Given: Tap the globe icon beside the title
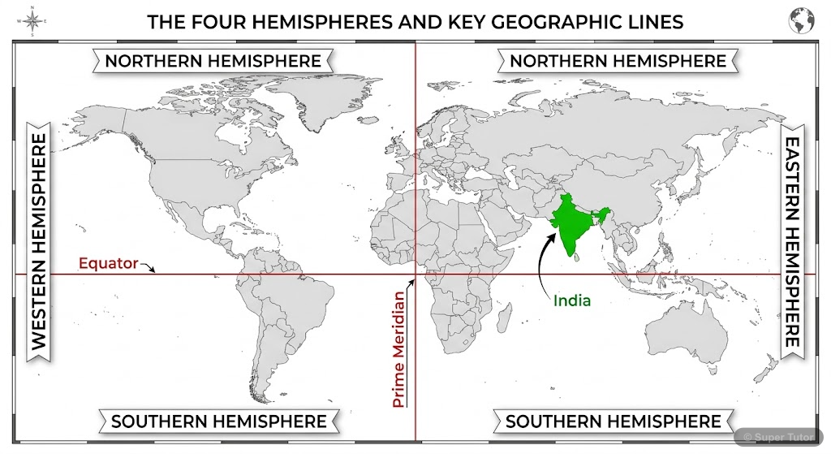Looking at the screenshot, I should coord(801,21).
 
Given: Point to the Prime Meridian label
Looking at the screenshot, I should coord(398,348).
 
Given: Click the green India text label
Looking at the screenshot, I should coord(572,300).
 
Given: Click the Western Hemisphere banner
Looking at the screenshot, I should coord(39,242).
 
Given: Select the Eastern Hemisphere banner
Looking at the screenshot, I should coord(792,241).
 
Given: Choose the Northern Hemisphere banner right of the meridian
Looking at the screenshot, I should coord(618,61).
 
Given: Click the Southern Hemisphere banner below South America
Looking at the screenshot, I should coord(219,421).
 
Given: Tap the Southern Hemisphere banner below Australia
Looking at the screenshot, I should coord(614,421).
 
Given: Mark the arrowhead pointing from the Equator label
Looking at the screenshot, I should coord(153,269).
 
